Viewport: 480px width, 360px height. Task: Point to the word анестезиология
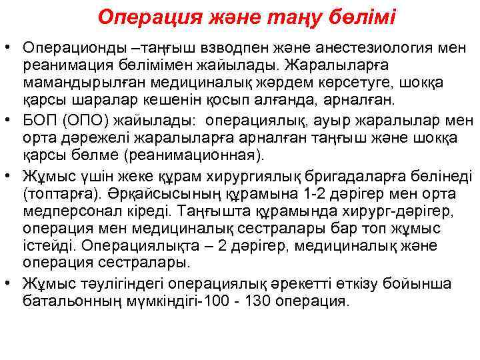357,47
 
